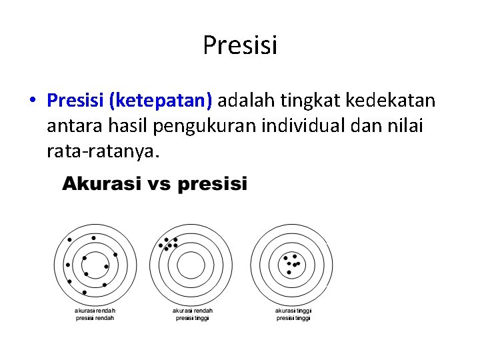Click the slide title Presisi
point(239,46)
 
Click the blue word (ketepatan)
point(161,101)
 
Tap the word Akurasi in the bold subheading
point(101,184)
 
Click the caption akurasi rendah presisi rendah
point(94,314)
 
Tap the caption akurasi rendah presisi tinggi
point(192,314)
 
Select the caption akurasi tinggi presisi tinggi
point(293,314)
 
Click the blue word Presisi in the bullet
point(76,101)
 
